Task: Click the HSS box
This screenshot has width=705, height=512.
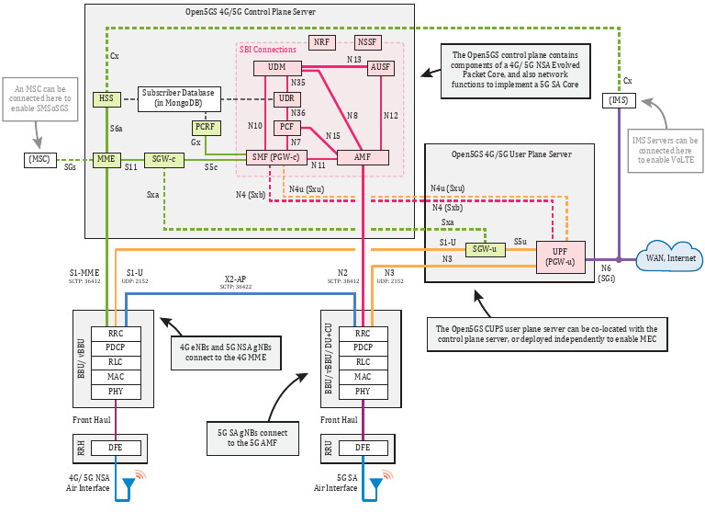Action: (x=106, y=98)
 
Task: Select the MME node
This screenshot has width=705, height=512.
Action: (x=106, y=159)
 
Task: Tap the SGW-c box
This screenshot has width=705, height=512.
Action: (x=164, y=159)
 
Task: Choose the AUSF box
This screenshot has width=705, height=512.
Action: (x=380, y=68)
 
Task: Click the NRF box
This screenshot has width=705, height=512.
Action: (x=321, y=42)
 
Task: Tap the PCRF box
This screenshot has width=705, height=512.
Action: (x=206, y=128)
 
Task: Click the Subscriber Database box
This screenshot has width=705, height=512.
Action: (x=178, y=97)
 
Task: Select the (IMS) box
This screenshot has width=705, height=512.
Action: (x=620, y=99)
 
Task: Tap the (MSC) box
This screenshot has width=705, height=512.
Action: (x=39, y=160)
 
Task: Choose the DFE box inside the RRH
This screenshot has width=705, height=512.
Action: (x=115, y=448)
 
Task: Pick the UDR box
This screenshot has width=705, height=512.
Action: (x=285, y=98)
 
